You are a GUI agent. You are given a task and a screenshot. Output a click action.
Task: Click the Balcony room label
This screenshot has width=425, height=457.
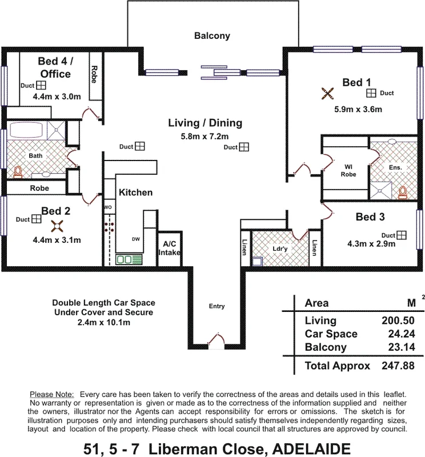(x=212, y=35)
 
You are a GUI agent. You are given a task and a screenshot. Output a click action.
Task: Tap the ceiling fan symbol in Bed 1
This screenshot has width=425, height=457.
(x=327, y=93)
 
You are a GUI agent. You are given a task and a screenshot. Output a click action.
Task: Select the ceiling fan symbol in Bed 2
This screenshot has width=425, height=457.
(x=56, y=226)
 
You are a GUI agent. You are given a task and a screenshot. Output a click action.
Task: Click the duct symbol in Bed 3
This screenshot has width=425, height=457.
(x=402, y=235)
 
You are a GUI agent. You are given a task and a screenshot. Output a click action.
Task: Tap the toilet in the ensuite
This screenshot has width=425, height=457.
(x=403, y=192)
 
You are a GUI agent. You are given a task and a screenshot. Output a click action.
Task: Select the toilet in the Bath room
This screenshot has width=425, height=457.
(x=17, y=171)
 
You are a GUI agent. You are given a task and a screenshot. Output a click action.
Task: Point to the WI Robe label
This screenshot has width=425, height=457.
(x=348, y=171)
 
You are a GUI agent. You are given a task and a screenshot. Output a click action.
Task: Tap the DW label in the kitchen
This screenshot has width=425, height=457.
(x=136, y=239)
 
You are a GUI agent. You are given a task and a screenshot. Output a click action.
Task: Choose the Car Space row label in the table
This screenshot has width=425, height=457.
(x=331, y=334)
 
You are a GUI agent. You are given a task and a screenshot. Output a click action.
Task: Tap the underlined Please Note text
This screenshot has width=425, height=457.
(x=51, y=395)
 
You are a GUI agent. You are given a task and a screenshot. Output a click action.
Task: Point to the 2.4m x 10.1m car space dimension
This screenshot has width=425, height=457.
(x=103, y=323)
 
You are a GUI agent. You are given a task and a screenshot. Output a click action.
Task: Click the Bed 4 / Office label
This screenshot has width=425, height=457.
(x=55, y=67)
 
